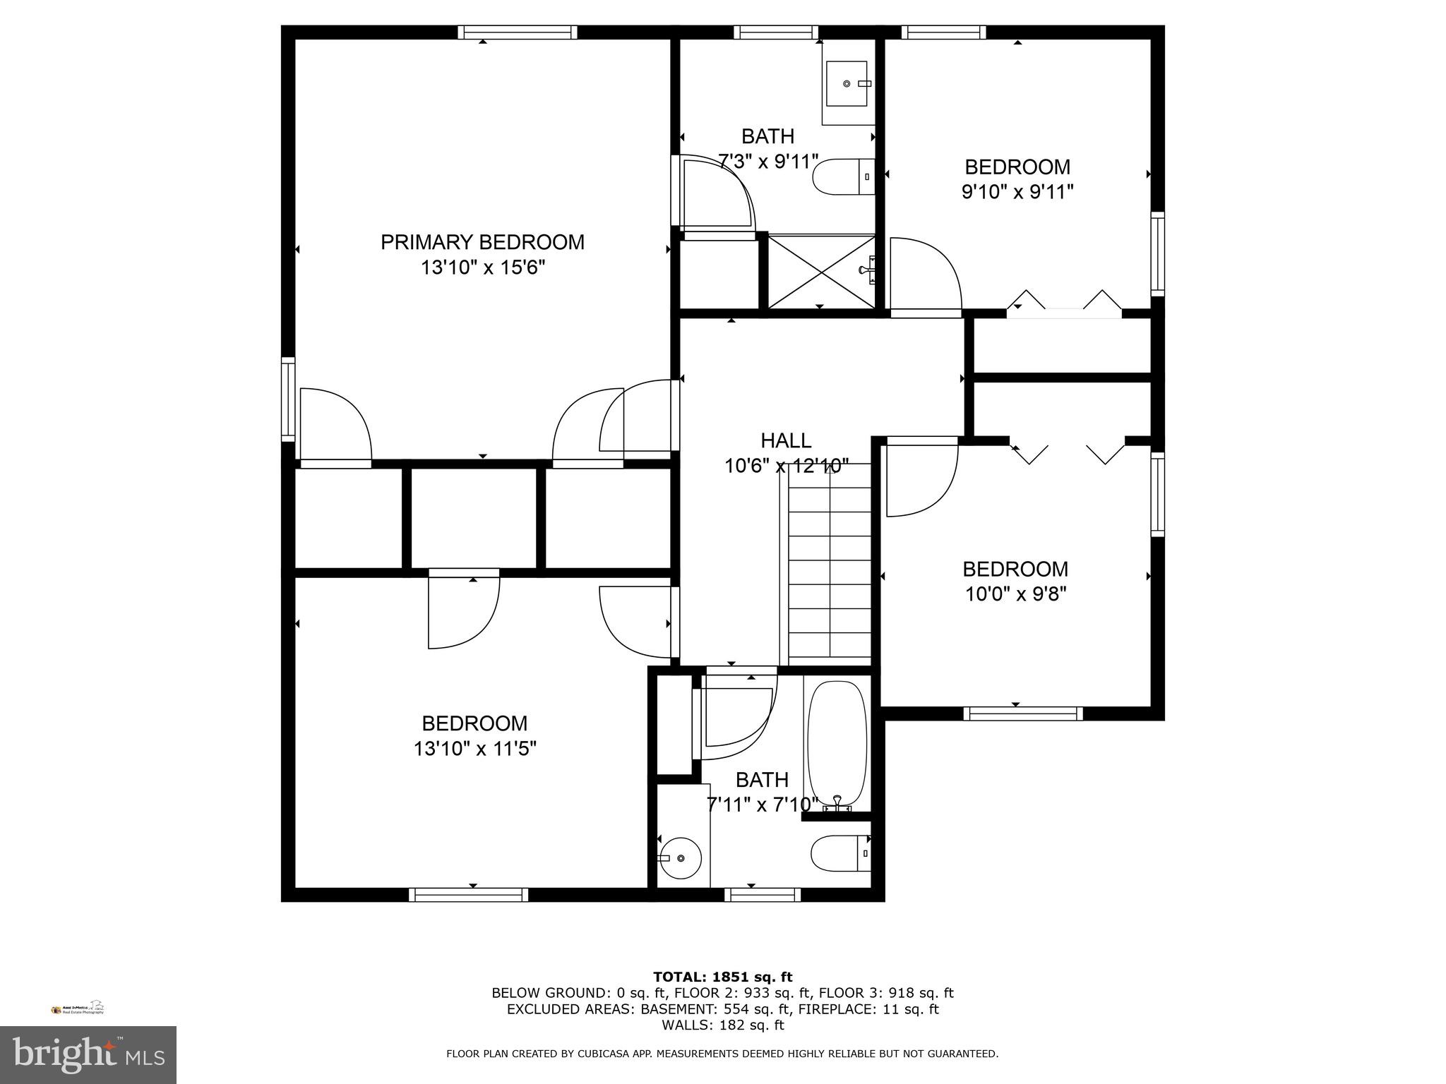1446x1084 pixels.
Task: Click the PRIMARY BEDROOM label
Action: tap(482, 242)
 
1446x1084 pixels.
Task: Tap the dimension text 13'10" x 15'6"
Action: tap(482, 268)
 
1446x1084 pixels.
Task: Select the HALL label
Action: tap(785, 441)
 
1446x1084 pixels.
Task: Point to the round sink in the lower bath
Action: tap(680, 857)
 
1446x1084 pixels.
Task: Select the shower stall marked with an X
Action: tap(820, 272)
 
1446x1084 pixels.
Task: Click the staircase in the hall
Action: tap(829, 565)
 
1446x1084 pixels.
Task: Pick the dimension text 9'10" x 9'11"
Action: tap(1017, 192)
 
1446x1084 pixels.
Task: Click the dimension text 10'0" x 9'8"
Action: tap(1015, 594)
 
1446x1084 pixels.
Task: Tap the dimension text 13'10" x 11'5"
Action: tap(474, 749)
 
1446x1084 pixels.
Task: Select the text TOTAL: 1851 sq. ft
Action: tap(722, 977)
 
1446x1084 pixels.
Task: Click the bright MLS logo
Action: tap(88, 1055)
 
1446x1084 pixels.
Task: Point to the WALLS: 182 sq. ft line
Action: tap(722, 1025)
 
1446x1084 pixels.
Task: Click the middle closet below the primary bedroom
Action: tap(474, 518)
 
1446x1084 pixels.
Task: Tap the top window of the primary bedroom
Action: tap(517, 32)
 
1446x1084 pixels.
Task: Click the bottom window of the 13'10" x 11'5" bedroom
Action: tap(468, 895)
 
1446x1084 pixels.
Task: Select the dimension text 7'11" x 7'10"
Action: tap(762, 805)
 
